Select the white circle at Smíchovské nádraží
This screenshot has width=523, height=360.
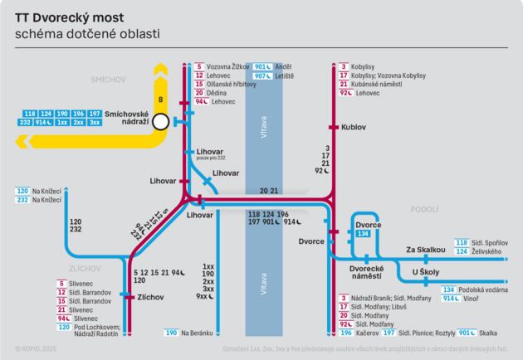click(161, 122)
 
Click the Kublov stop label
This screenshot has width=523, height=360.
click(354, 128)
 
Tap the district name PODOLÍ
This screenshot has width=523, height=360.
click(424, 210)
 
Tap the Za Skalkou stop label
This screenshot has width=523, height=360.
click(426, 249)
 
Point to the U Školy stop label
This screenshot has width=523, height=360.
click(425, 272)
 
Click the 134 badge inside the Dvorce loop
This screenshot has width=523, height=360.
click(362, 235)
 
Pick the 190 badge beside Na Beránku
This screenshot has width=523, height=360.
click(171, 333)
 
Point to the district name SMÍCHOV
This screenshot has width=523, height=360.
click(108, 80)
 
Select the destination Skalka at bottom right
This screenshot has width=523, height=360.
click(489, 333)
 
